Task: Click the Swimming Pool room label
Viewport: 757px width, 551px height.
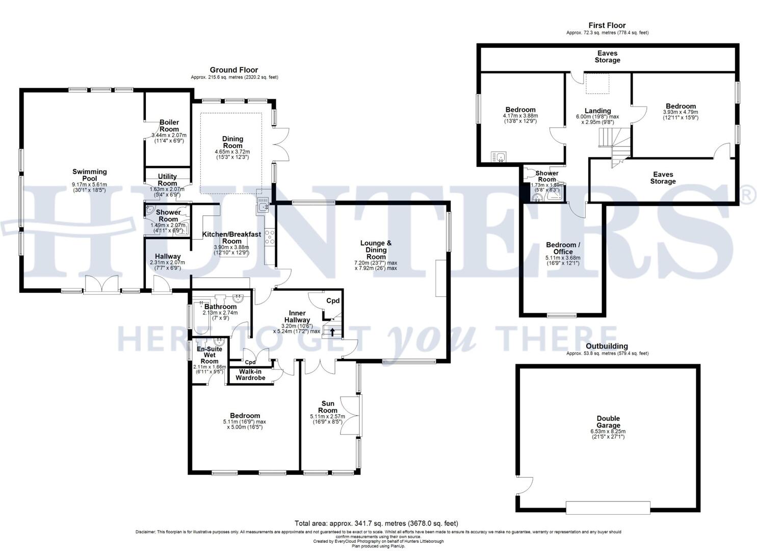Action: [x=89, y=175]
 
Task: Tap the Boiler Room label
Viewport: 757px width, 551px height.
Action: [x=169, y=126]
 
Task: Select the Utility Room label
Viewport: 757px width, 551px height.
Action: [x=167, y=180]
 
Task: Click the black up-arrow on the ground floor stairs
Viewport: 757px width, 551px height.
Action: [x=332, y=333]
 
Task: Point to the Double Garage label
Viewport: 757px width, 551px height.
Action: [x=608, y=422]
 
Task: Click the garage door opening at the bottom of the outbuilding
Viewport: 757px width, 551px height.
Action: [x=608, y=507]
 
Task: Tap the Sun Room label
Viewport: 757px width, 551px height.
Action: [x=328, y=407]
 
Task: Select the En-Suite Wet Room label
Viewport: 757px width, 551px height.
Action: [x=210, y=355]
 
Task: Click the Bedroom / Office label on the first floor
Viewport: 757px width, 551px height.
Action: [x=563, y=248]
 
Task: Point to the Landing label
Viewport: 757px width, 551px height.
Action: [x=597, y=111]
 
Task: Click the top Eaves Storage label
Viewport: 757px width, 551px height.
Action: [x=607, y=57]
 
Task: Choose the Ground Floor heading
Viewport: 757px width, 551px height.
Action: [x=234, y=70]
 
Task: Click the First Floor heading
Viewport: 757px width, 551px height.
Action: [x=607, y=25]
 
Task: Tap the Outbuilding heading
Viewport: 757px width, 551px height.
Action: [x=607, y=346]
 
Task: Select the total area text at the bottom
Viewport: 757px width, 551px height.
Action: [x=376, y=523]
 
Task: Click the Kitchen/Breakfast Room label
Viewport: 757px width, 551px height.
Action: [x=231, y=238]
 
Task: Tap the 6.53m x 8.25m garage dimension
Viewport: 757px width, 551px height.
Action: [x=608, y=431]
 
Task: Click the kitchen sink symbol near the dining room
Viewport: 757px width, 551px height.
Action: [x=264, y=207]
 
